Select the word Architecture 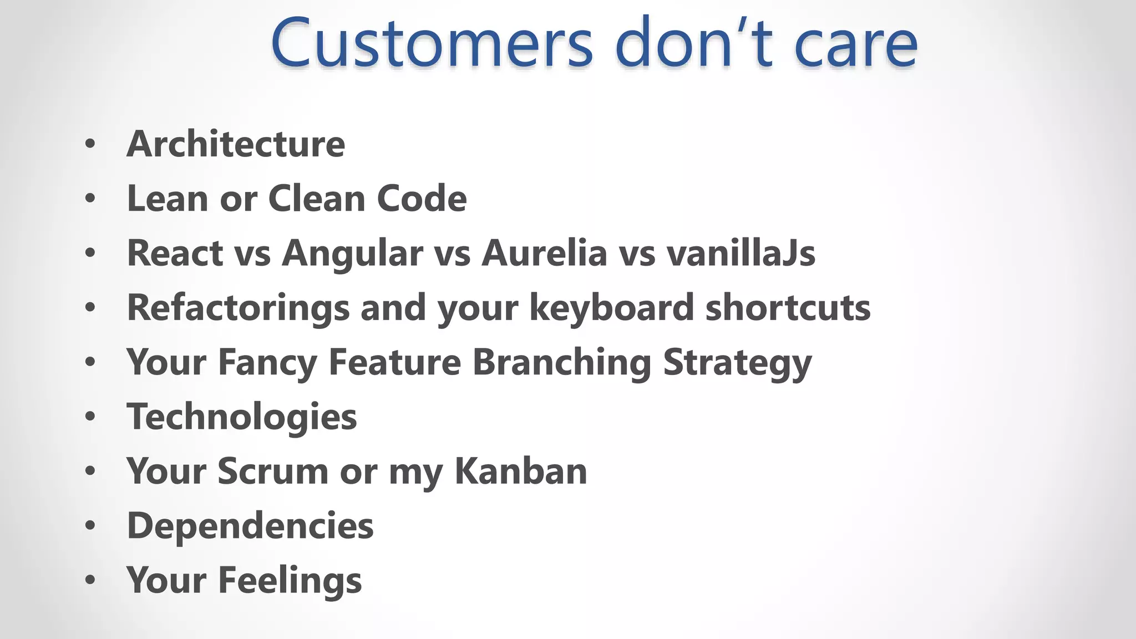click(x=236, y=144)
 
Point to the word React click(x=175, y=253)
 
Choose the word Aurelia click(x=544, y=253)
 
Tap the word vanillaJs click(x=741, y=253)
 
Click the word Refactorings click(x=239, y=307)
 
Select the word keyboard click(x=612, y=307)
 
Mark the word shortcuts click(x=788, y=307)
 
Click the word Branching click(x=562, y=362)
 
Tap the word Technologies click(x=242, y=417)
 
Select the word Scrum click(x=273, y=471)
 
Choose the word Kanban click(x=520, y=471)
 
